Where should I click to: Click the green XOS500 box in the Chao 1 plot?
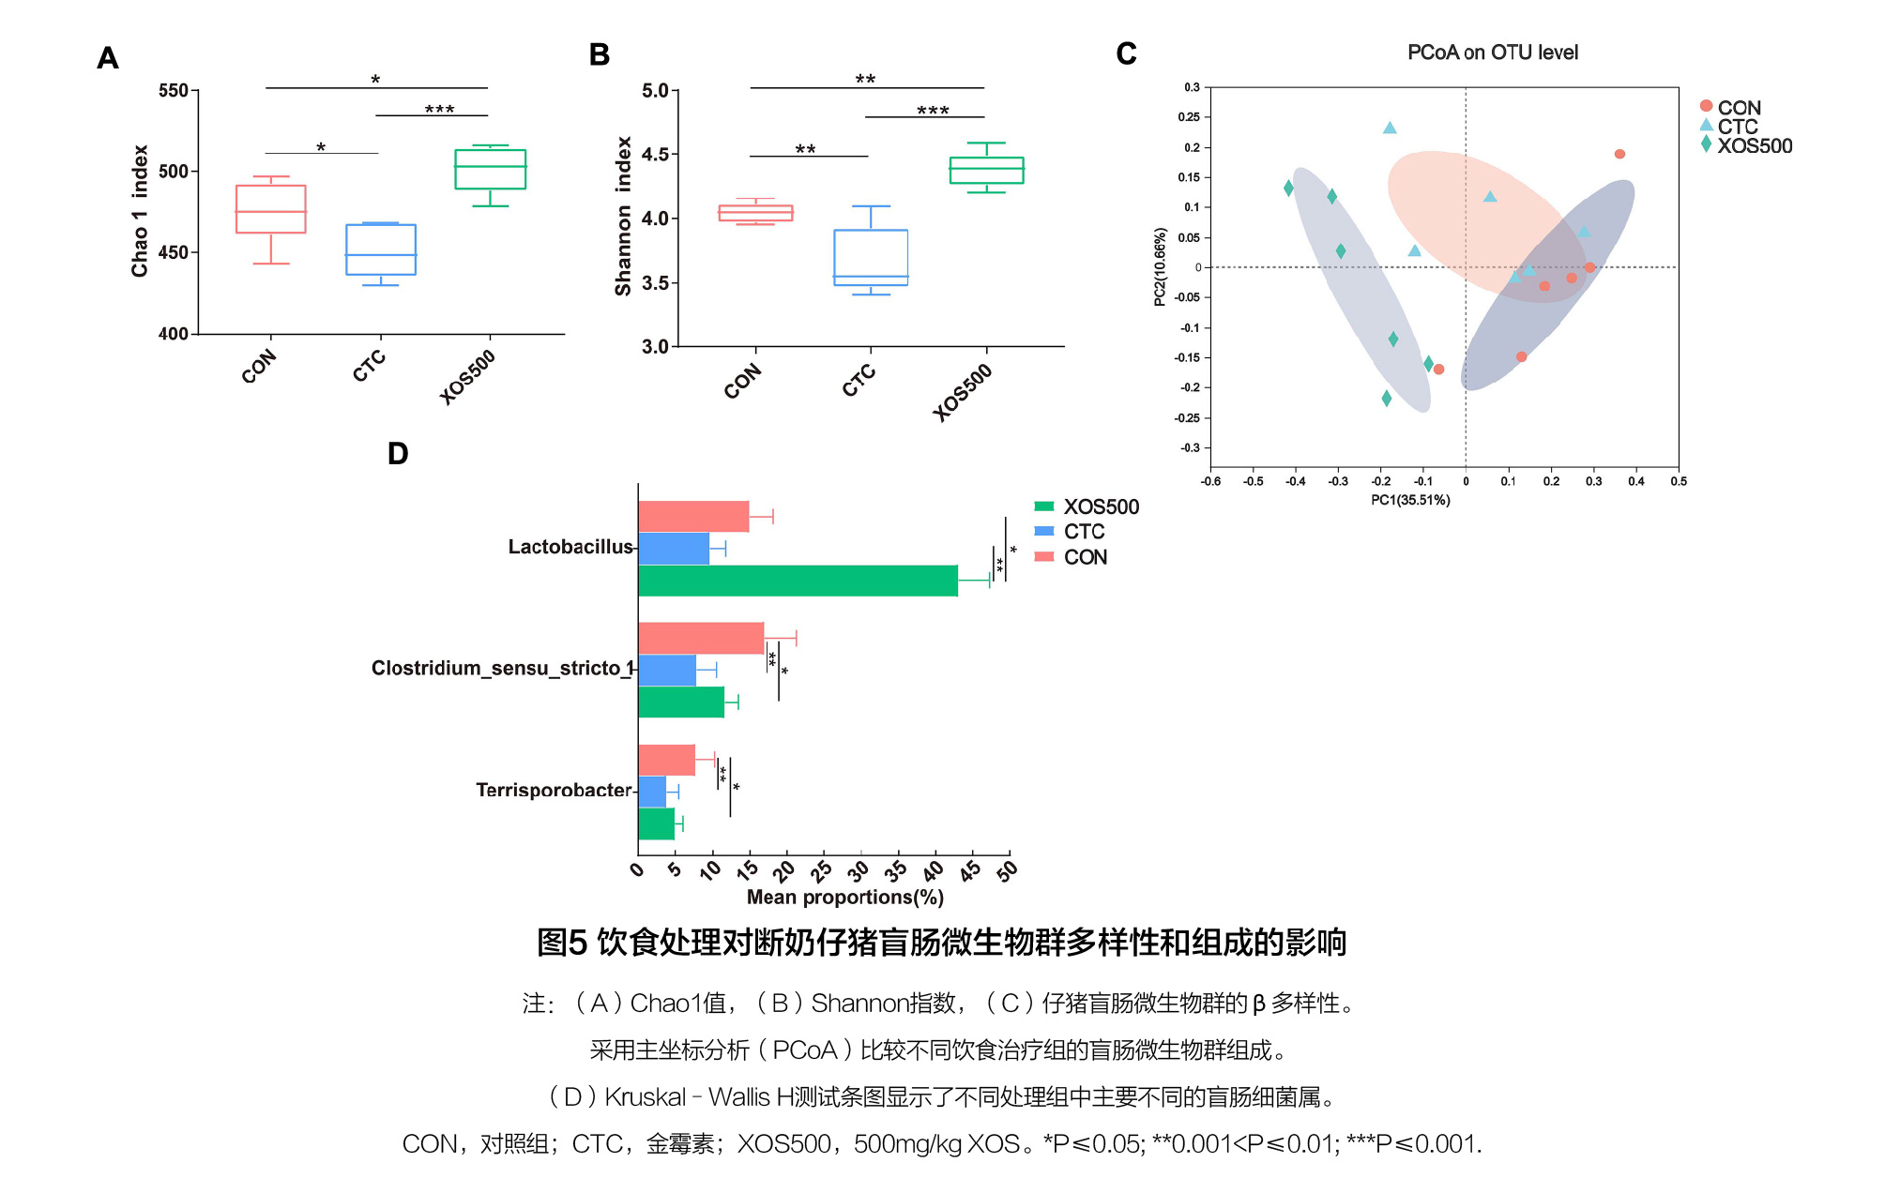tap(490, 169)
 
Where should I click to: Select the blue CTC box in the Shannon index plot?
tap(871, 257)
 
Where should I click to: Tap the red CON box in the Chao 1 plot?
tap(270, 209)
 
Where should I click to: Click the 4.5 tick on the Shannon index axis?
tap(654, 155)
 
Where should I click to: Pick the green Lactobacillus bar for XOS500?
tap(798, 581)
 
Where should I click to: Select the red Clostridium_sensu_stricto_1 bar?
tap(700, 638)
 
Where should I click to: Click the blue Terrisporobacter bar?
tap(652, 792)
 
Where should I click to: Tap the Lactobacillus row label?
tap(570, 547)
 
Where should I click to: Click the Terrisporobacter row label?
tap(553, 790)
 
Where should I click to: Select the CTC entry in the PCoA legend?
tap(1737, 127)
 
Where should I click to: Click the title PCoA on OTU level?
tap(1492, 53)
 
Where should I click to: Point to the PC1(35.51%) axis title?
tap(1409, 500)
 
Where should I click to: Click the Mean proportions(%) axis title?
tap(844, 897)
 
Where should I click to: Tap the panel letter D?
tap(398, 454)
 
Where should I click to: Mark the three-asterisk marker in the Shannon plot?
tap(933, 111)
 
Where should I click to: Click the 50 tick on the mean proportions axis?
tap(1007, 871)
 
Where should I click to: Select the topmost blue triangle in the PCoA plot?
tap(1390, 128)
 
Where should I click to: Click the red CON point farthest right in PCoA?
tap(1619, 154)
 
